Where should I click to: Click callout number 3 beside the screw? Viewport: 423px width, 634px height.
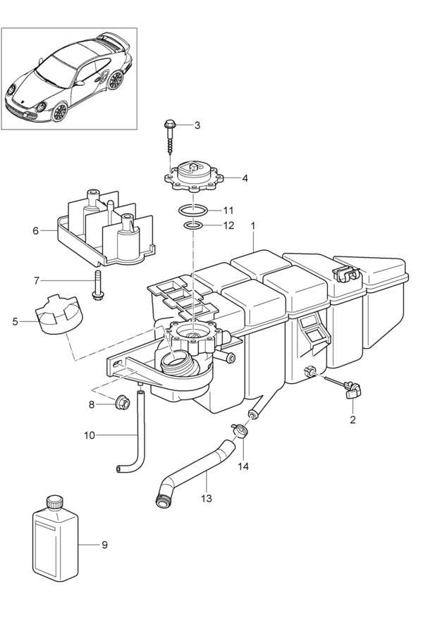(x=197, y=125)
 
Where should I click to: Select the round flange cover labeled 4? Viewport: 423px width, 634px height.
(x=193, y=179)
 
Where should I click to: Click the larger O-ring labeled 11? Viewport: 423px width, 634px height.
(x=191, y=210)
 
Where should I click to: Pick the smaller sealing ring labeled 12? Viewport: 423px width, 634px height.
(x=193, y=225)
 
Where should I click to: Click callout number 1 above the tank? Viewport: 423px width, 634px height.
(x=254, y=226)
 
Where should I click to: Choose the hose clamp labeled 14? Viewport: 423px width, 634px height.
(x=242, y=430)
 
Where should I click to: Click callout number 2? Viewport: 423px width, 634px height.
(x=353, y=420)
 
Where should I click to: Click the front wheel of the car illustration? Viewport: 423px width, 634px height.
(x=59, y=111)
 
